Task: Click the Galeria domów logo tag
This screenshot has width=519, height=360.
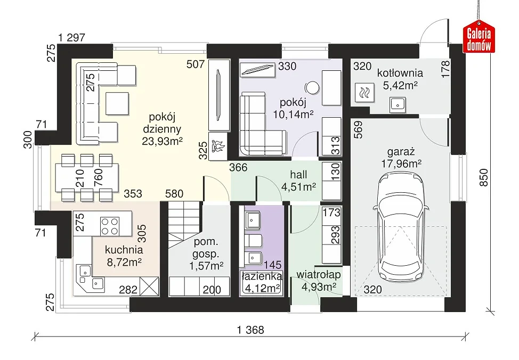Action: pyautogui.click(x=479, y=37)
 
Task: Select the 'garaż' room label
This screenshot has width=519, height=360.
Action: pyautogui.click(x=401, y=152)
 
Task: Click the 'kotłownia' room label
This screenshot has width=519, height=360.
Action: pyautogui.click(x=400, y=73)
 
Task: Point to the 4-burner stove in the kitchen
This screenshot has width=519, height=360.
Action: pyautogui.click(x=110, y=226)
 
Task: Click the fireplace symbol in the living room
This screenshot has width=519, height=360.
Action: pyautogui.click(x=218, y=146)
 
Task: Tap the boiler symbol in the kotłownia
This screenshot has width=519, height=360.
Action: pyautogui.click(x=364, y=92)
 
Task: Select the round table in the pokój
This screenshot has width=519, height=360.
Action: pyautogui.click(x=312, y=88)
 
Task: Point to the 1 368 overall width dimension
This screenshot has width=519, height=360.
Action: pyautogui.click(x=250, y=330)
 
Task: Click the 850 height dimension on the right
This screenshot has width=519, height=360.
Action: pyautogui.click(x=484, y=178)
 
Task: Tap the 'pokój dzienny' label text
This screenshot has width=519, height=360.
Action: pyautogui.click(x=162, y=123)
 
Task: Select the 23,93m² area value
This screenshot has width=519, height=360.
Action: pyautogui.click(x=162, y=141)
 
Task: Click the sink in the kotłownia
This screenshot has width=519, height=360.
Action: pyautogui.click(x=397, y=104)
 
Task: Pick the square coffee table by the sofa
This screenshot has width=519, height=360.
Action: pyautogui.click(x=117, y=103)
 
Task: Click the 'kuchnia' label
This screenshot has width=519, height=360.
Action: pyautogui.click(x=124, y=249)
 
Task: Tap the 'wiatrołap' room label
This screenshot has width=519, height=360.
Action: pyautogui.click(x=319, y=275)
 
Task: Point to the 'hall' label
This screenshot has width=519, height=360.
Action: pyautogui.click(x=298, y=174)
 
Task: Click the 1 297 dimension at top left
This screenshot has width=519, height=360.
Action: pyautogui.click(x=71, y=38)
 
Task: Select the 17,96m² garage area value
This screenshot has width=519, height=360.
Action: pyautogui.click(x=401, y=164)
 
